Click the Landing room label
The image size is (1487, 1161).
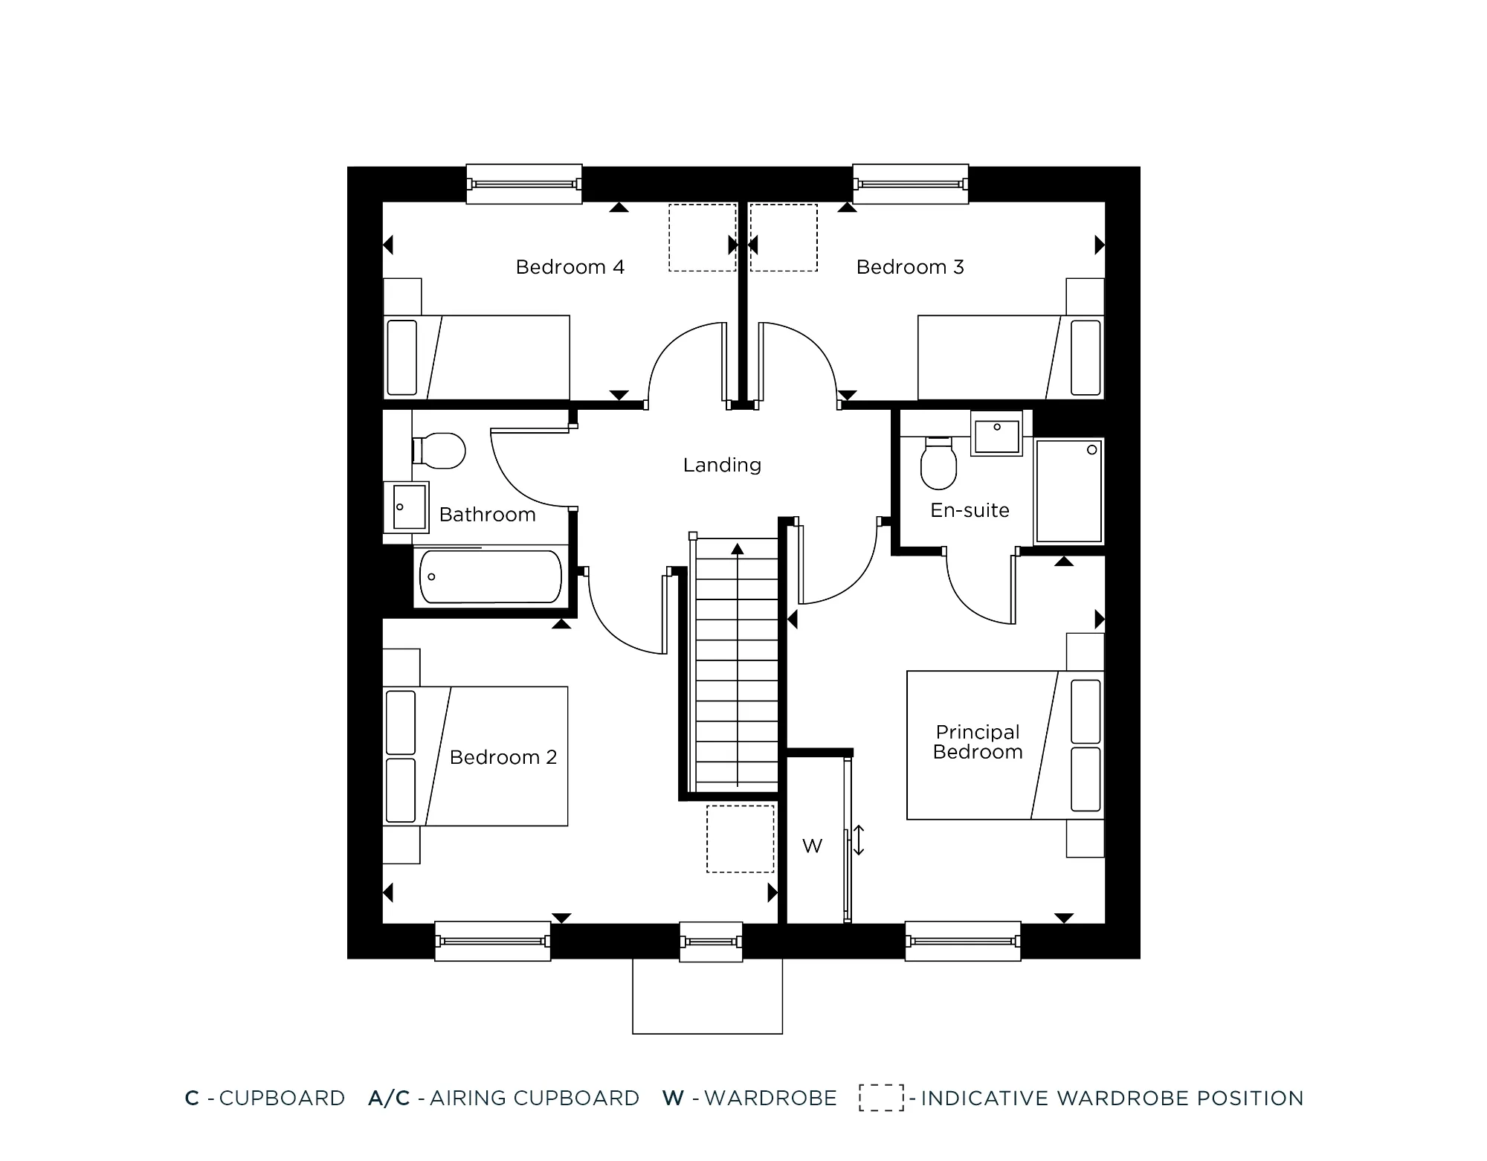point(722,466)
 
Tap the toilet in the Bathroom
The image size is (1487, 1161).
point(439,451)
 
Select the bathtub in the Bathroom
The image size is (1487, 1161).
point(491,576)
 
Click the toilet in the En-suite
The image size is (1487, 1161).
point(938,464)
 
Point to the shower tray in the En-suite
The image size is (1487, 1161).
point(1069,491)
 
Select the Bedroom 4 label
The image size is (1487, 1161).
point(570,267)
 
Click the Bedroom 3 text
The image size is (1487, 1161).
point(910,267)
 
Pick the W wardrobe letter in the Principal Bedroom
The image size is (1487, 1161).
point(812,846)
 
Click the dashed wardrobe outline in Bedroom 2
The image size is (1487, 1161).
point(740,838)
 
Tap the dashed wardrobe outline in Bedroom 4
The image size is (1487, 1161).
point(702,237)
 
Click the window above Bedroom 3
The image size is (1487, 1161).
point(910,184)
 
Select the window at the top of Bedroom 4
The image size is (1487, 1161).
point(523,184)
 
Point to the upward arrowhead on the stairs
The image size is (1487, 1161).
point(737,549)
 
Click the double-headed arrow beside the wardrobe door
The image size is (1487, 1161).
point(859,840)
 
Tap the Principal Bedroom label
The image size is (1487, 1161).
point(977,742)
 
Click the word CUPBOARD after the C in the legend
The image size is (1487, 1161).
point(282,1099)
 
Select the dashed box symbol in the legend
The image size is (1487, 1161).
point(881,1098)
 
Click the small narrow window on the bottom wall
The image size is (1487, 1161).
point(711,942)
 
